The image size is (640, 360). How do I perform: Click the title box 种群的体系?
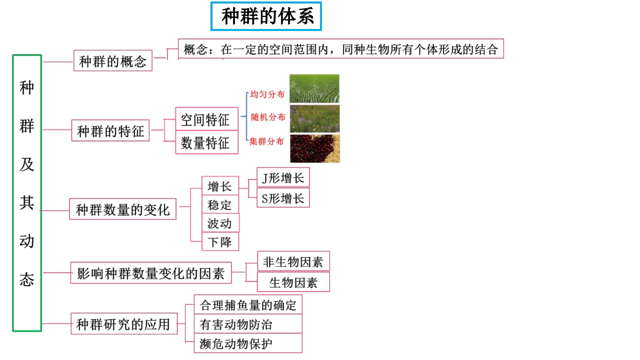click(x=266, y=16)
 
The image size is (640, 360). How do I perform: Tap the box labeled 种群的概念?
click(x=113, y=60)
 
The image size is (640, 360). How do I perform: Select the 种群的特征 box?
click(x=110, y=130)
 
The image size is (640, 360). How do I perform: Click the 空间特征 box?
click(x=207, y=119)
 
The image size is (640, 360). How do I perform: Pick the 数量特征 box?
click(x=207, y=142)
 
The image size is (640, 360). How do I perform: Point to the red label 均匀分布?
click(x=267, y=94)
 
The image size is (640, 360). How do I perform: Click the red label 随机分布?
click(x=268, y=117)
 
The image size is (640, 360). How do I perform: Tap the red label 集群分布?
click(x=266, y=141)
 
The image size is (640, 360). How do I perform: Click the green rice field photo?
click(x=314, y=88)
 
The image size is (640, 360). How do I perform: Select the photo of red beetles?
click(x=315, y=148)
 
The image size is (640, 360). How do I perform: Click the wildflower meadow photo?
click(x=314, y=118)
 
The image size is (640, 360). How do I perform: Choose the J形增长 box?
click(x=283, y=177)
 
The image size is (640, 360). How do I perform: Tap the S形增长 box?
click(x=283, y=197)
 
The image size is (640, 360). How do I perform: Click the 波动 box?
click(x=220, y=223)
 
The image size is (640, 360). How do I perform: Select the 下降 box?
click(x=220, y=241)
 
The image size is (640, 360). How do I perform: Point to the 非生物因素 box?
click(x=293, y=261)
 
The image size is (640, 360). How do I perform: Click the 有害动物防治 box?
click(x=248, y=324)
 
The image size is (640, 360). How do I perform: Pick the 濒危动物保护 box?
click(x=248, y=343)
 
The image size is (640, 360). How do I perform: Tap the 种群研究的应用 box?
click(x=124, y=323)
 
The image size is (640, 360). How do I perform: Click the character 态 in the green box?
click(x=26, y=279)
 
